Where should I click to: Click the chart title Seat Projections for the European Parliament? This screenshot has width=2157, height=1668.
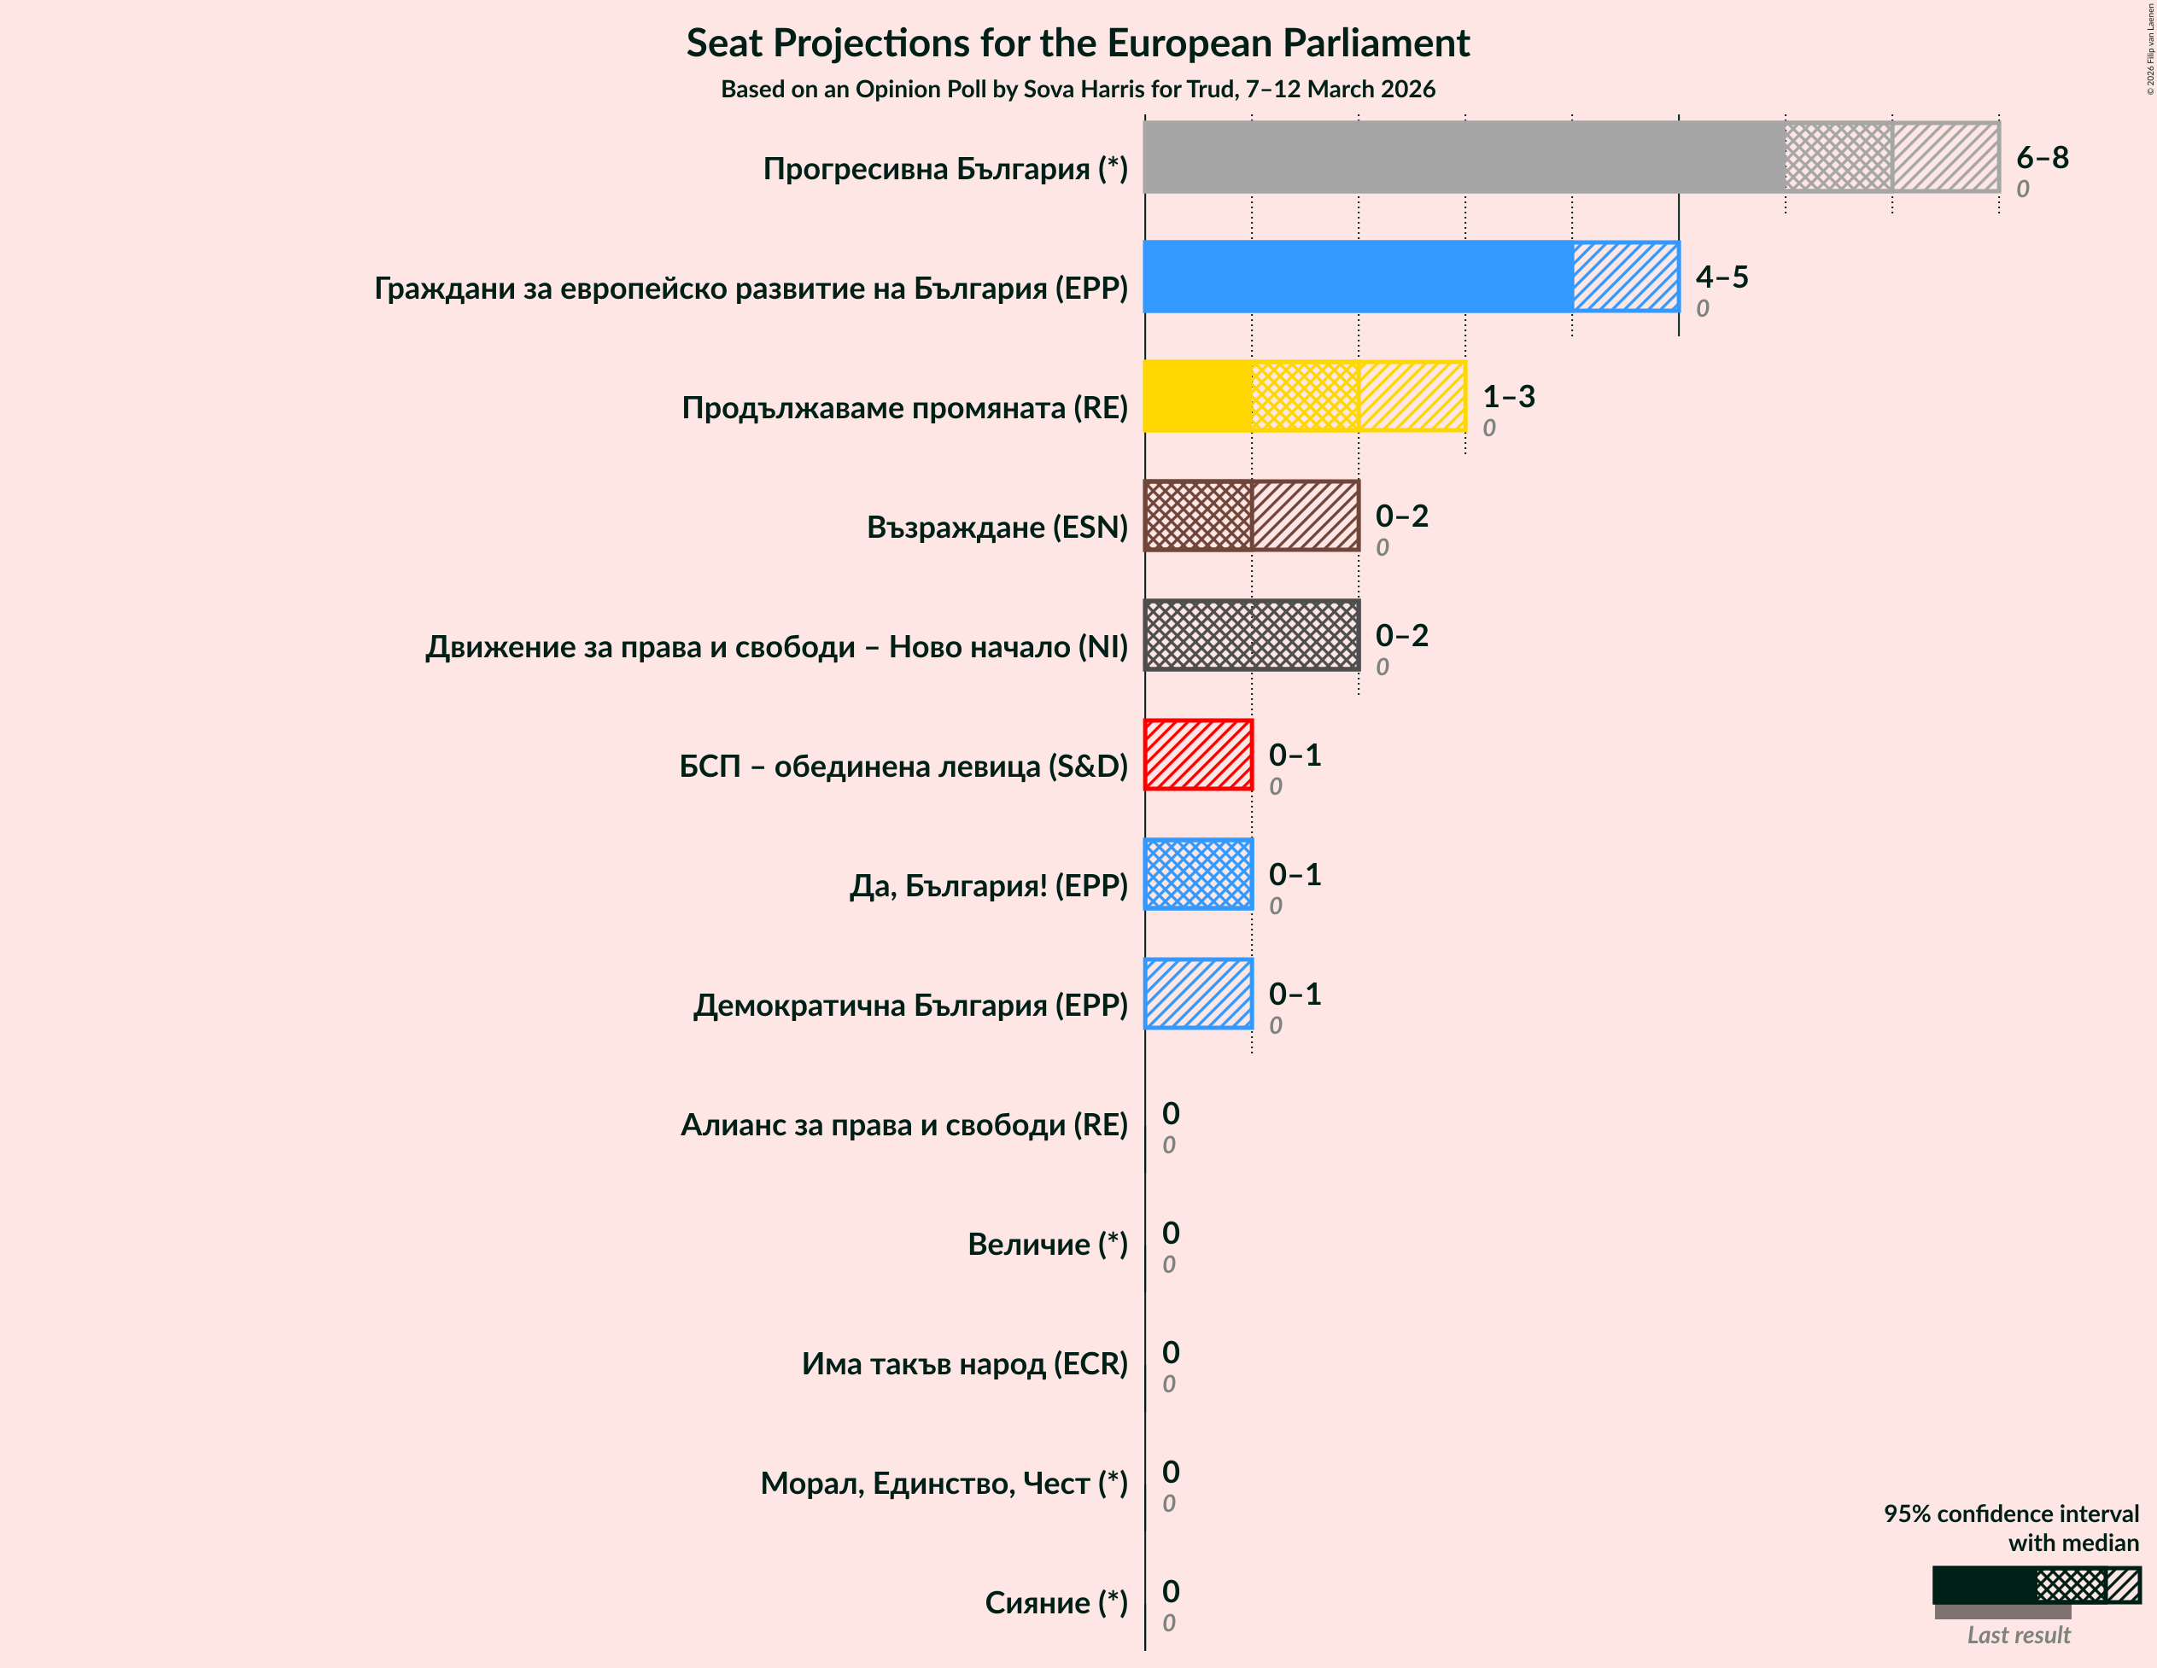pos(1078,44)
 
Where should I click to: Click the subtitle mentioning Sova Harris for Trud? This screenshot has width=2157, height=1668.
pos(1078,89)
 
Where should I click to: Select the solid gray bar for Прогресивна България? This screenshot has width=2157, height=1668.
pos(1462,157)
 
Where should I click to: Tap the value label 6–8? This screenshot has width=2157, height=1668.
pos(2042,157)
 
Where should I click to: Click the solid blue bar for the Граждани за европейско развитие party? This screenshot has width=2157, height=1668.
pos(1358,277)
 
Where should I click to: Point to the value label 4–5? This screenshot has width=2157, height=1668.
pos(1722,277)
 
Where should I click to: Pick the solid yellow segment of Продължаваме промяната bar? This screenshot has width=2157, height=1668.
pos(1197,396)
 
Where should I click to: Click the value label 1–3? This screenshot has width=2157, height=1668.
pos(1508,396)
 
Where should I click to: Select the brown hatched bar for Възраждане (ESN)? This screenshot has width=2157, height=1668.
pos(1251,516)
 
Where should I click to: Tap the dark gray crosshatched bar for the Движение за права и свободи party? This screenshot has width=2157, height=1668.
pos(1251,635)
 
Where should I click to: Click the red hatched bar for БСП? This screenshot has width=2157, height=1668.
pos(1198,755)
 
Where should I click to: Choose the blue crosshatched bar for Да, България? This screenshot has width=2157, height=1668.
pos(1198,874)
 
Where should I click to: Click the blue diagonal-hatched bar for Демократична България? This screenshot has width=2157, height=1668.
pos(1198,994)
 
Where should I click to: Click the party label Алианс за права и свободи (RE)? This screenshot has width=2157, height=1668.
pos(903,1124)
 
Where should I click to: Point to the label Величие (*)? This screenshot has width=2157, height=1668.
pos(1047,1244)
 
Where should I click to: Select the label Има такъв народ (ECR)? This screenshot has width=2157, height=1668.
pos(964,1363)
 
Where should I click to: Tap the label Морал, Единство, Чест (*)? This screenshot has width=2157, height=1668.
pos(944,1483)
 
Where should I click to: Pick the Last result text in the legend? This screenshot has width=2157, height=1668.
pos(2018,1636)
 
